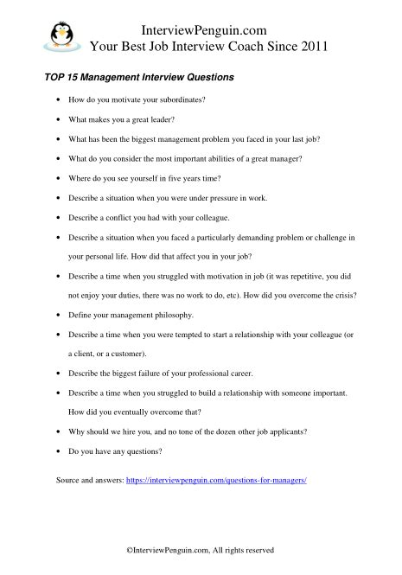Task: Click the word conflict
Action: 121,218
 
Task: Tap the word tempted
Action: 190,335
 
